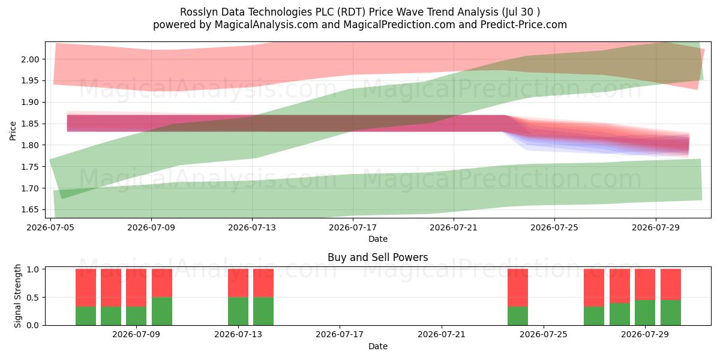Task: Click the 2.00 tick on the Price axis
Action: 30,59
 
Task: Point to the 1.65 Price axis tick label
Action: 30,210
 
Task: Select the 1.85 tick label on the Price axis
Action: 30,124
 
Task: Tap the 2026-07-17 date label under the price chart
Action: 353,227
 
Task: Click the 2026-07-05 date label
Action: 50,227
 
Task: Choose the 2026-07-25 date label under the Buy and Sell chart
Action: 543,334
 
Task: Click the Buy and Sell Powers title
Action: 377,257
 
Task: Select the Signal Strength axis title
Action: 17,296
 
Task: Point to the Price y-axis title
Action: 13,131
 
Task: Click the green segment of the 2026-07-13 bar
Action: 238,311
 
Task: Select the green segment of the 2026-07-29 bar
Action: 645,313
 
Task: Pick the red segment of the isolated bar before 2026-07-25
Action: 517,287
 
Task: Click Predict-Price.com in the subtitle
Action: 524,25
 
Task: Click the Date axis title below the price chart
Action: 377,239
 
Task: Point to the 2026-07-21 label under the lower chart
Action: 442,334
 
